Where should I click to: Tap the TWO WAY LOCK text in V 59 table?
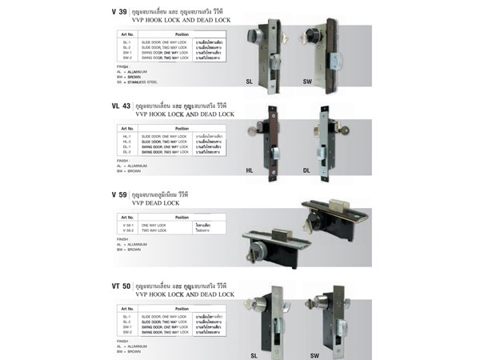(155, 230)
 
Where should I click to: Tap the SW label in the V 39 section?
(308, 82)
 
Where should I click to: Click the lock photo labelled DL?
(324, 136)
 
